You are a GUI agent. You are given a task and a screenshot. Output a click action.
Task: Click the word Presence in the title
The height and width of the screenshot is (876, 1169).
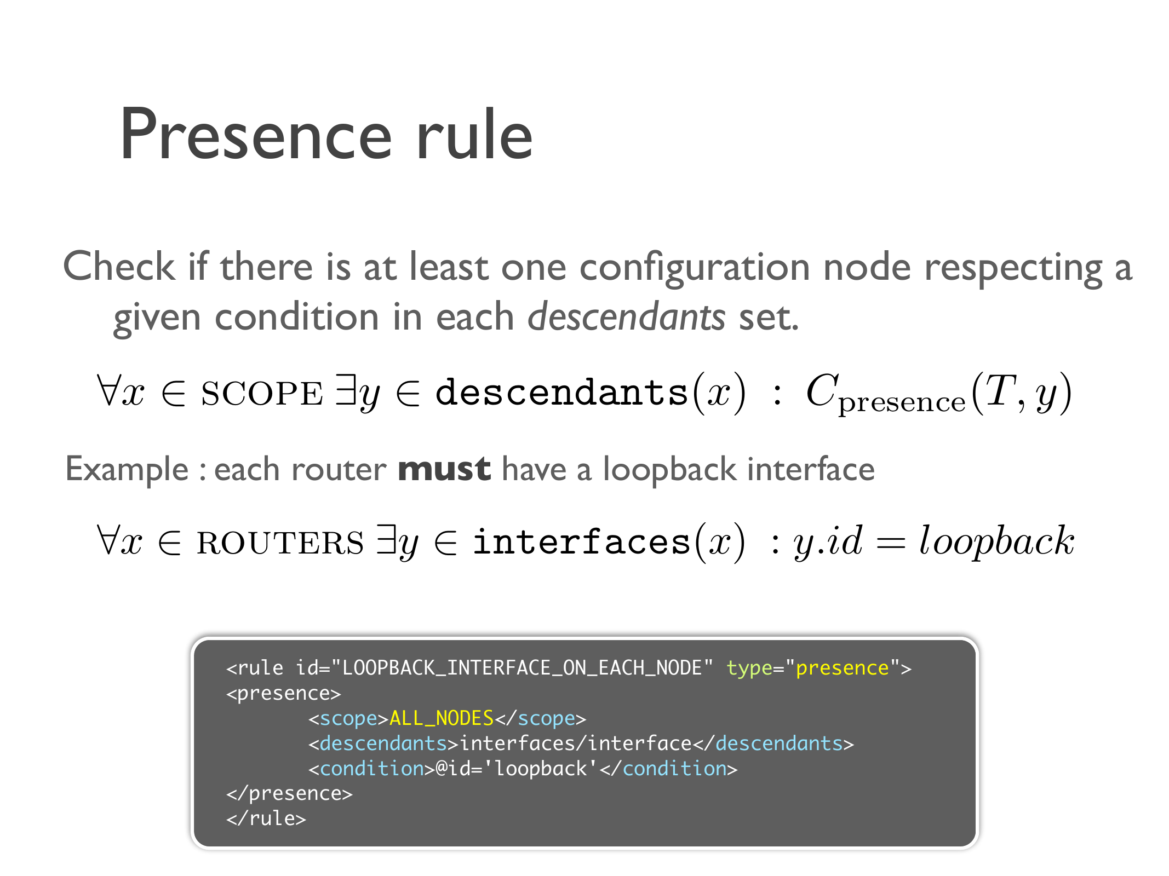(x=256, y=135)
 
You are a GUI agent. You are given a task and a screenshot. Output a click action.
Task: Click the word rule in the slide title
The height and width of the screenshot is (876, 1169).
(x=474, y=135)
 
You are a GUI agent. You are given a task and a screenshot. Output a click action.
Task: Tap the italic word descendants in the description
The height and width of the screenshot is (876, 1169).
(x=626, y=317)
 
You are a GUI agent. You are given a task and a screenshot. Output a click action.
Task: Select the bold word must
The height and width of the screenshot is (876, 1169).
(x=444, y=469)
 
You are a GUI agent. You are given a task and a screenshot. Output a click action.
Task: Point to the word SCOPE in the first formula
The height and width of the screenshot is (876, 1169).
(x=262, y=394)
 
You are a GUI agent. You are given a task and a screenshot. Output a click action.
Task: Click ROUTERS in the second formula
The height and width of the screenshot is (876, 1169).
(x=280, y=543)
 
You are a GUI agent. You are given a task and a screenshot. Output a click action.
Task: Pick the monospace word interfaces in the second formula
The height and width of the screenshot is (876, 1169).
(x=582, y=542)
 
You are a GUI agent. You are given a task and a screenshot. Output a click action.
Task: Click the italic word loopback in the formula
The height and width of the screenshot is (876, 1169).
(x=996, y=541)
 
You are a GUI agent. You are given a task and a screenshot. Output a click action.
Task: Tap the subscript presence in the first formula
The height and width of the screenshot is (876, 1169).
(x=902, y=403)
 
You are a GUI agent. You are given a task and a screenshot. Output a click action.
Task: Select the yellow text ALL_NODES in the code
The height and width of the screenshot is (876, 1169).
(x=442, y=718)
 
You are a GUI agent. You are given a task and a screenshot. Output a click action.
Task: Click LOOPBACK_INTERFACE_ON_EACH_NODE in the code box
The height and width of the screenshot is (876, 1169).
(x=522, y=668)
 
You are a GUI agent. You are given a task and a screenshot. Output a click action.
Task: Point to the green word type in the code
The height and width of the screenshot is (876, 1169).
(x=749, y=668)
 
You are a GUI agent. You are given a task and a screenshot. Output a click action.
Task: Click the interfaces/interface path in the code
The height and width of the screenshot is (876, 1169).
(x=576, y=744)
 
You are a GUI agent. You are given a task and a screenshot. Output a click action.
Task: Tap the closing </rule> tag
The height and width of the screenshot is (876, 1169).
(x=266, y=819)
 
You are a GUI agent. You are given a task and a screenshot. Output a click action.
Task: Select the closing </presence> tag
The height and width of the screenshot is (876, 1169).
(x=289, y=793)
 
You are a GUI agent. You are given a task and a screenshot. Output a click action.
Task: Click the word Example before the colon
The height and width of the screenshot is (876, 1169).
(x=127, y=470)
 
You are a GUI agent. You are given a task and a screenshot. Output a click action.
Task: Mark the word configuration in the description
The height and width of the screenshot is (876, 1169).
(x=695, y=268)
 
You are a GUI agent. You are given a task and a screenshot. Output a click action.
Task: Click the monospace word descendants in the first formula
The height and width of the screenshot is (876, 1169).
(x=561, y=393)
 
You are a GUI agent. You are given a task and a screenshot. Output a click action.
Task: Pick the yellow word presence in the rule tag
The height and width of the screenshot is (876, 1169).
(x=842, y=668)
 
